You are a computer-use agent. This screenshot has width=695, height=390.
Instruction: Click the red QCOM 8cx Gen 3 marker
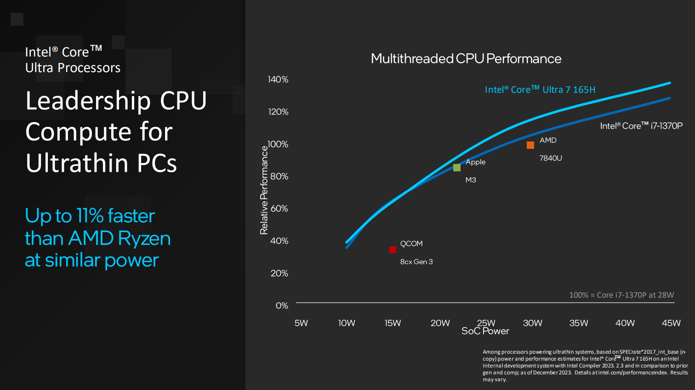tap(393, 249)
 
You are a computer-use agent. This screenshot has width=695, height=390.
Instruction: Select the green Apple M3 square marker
tap(457, 168)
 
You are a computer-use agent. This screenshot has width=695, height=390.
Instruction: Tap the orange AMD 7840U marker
tap(530, 145)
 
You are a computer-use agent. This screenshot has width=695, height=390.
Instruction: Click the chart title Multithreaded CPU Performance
tap(466, 59)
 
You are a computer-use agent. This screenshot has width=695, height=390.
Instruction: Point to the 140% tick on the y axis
tap(278, 79)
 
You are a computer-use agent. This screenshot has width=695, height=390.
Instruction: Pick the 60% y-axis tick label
tap(279, 209)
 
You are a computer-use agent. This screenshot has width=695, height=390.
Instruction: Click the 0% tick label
tap(282, 305)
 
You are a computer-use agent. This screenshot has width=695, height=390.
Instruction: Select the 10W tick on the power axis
tap(347, 323)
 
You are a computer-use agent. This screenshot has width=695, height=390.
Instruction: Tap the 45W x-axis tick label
tap(671, 323)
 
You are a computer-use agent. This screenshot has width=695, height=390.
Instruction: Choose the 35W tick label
tap(579, 323)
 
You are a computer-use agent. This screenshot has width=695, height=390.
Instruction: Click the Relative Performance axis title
tap(264, 190)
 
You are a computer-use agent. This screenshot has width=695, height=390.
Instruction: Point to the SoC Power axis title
tap(485, 331)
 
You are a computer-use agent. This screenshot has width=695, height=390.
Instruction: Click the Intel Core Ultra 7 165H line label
tap(540, 90)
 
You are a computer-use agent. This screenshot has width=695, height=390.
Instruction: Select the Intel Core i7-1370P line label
tap(641, 126)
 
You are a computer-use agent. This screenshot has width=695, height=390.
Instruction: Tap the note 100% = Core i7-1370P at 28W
tap(621, 295)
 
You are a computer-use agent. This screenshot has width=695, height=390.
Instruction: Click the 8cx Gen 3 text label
tap(416, 262)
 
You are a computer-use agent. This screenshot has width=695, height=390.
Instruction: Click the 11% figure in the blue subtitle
tap(90, 216)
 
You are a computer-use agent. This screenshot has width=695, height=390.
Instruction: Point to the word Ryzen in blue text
tap(144, 238)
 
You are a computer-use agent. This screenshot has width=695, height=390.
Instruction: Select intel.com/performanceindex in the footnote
tap(632, 373)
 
